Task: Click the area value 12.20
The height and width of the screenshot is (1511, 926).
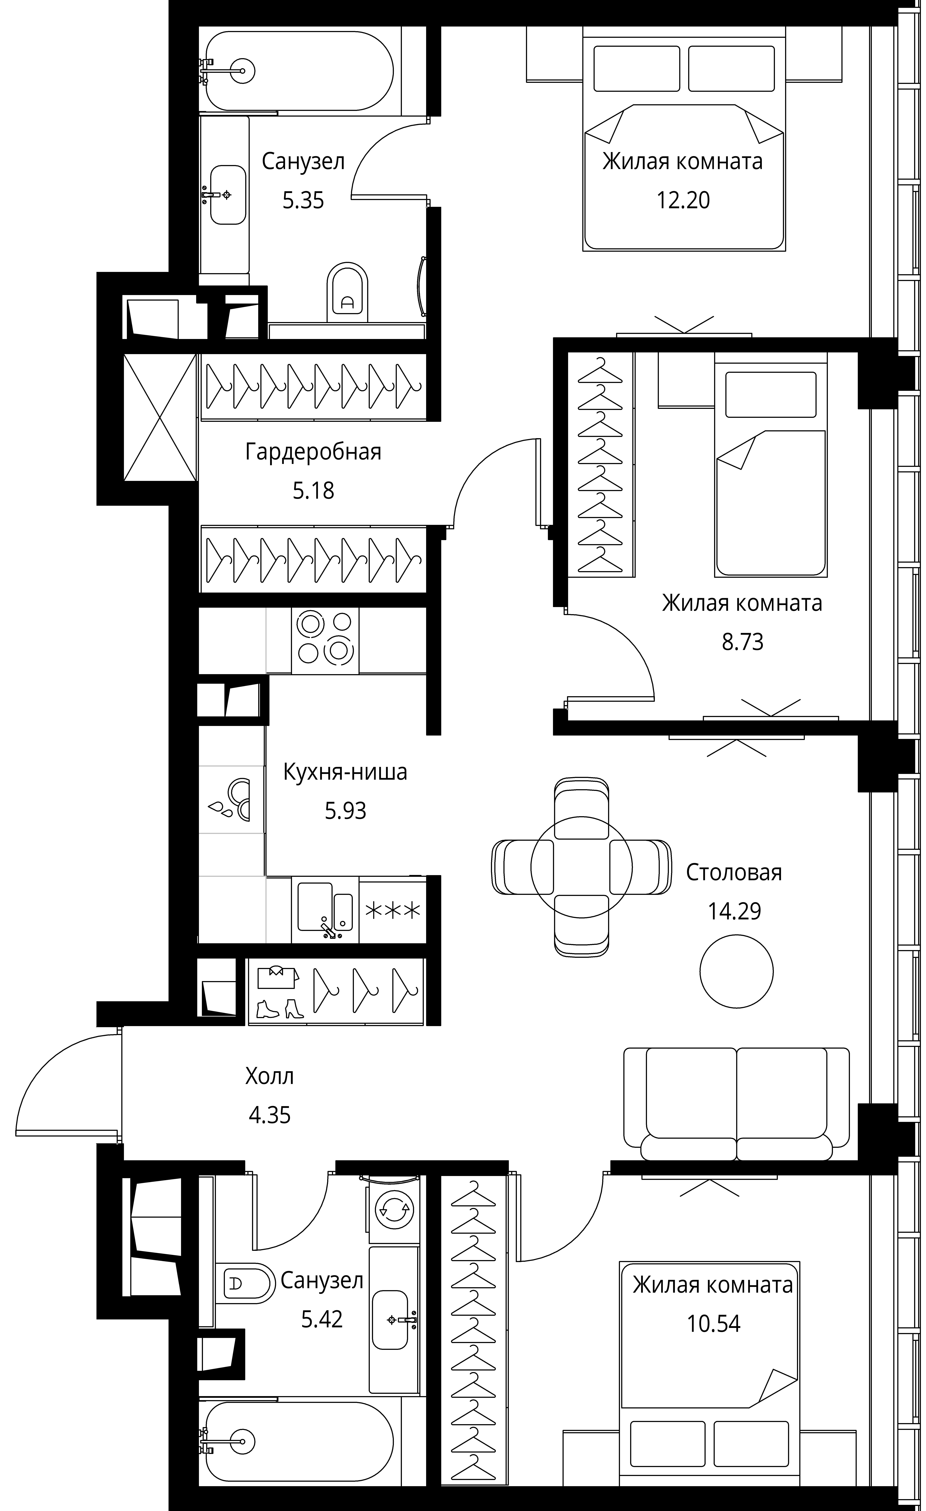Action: pos(683,201)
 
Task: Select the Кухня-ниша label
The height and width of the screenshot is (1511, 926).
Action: pos(345,772)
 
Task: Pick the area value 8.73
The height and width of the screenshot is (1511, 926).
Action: pos(742,642)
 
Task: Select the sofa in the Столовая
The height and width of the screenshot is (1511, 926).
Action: pos(736,1104)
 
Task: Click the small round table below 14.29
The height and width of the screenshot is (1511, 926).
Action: pos(736,971)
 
